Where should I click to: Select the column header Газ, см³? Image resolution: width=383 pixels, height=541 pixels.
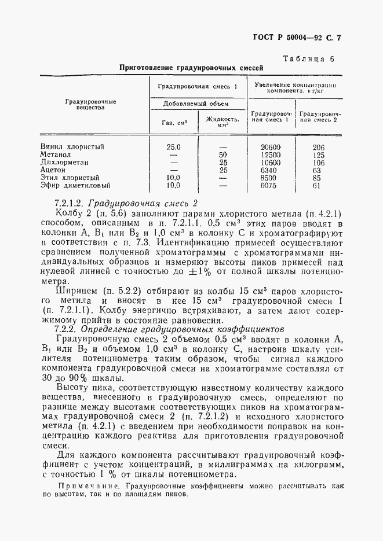pyautogui.click(x=174, y=122)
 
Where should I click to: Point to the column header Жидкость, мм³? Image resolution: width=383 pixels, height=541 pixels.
pyautogui.click(x=222, y=122)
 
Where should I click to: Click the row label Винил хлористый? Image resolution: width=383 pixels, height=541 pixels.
pyautogui.click(x=72, y=147)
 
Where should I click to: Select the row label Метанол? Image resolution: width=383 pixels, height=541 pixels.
pyautogui.click(x=55, y=155)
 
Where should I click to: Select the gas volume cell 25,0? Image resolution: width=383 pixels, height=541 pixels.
pyautogui.click(x=173, y=147)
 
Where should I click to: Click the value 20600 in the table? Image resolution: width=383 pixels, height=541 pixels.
pyautogui.click(x=271, y=147)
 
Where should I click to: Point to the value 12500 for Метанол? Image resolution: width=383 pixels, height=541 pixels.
pyautogui.click(x=271, y=155)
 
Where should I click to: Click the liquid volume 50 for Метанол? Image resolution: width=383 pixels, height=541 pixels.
pyautogui.click(x=223, y=155)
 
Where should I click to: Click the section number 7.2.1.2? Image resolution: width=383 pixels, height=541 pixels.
pyautogui.click(x=70, y=203)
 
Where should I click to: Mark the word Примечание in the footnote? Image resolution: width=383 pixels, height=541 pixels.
pyautogui.click(x=83, y=487)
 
